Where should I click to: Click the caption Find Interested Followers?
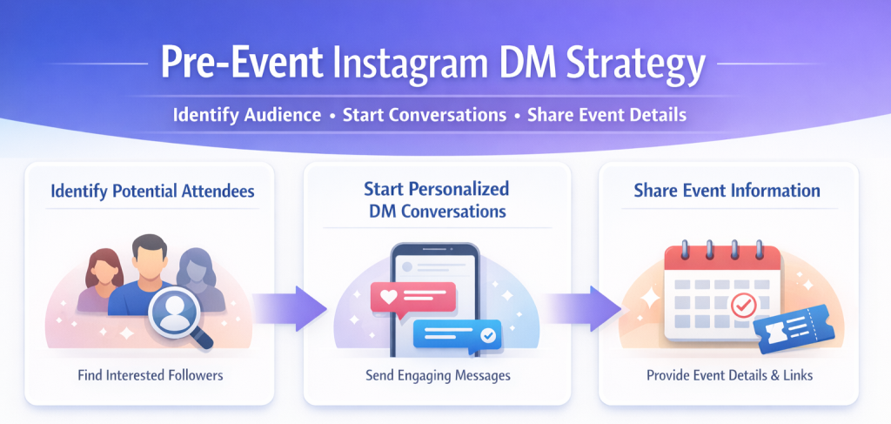coord(151,376)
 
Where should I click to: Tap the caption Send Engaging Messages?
coord(438,376)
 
